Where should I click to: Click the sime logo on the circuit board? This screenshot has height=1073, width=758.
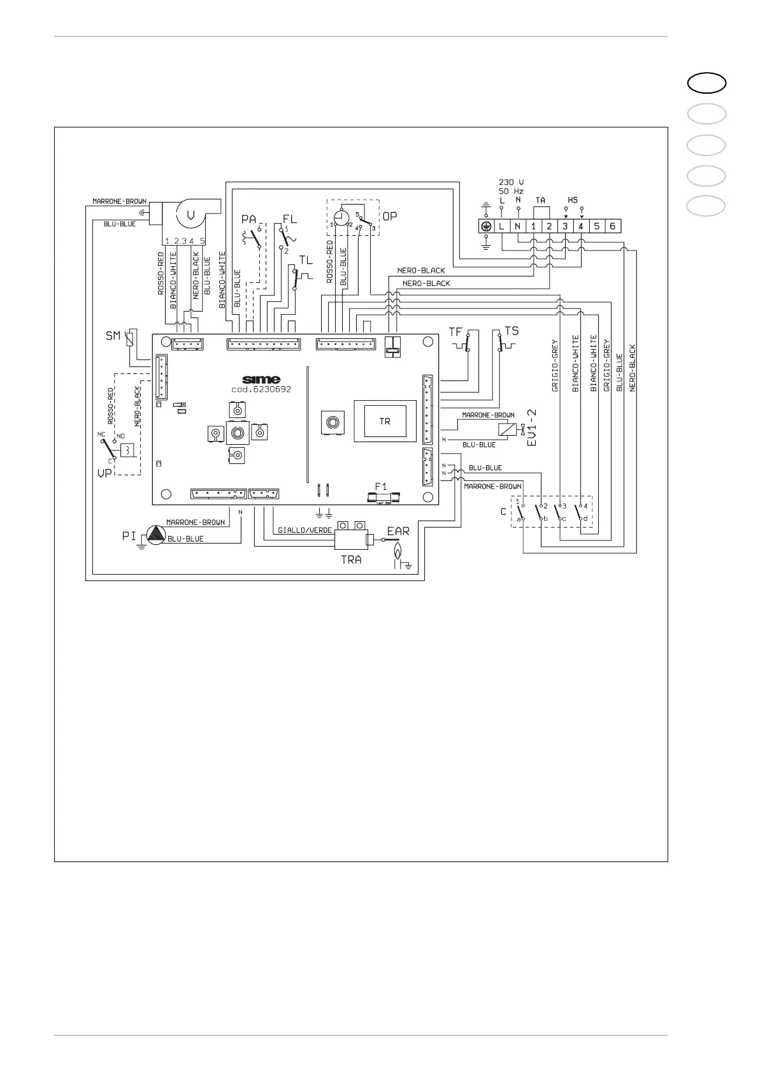coord(261,380)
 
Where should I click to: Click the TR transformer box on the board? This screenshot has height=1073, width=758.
coord(385,421)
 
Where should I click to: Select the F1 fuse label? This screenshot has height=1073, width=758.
coord(381,486)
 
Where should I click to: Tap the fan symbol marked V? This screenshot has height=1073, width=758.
coord(190,215)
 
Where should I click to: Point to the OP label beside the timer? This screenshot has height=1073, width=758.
coord(389,217)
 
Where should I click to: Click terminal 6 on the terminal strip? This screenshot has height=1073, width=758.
coord(612,226)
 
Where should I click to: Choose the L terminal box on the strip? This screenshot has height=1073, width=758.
coord(501,226)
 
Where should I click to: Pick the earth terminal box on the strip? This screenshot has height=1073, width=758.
coord(486,226)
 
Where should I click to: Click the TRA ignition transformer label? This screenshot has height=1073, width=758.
coord(351,559)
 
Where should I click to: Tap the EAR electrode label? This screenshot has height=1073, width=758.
coord(398,531)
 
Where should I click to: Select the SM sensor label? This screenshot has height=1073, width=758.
coord(113,335)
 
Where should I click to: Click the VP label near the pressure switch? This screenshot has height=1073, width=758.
coord(104,473)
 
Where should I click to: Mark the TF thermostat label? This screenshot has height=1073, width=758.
coord(455,332)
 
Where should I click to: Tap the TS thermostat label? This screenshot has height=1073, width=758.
coord(511,331)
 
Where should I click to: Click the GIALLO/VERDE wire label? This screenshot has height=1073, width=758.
coord(304,530)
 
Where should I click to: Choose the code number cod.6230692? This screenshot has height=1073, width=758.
coord(261,389)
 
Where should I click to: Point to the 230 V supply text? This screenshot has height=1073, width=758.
coord(511,182)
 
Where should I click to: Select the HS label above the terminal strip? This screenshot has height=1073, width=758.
coord(573,200)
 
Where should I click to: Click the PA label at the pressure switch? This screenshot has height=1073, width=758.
coord(248,219)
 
